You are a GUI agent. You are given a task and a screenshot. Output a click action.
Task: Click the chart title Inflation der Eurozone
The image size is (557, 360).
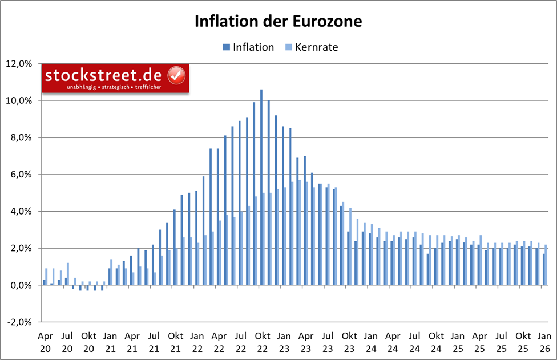click(x=278, y=22)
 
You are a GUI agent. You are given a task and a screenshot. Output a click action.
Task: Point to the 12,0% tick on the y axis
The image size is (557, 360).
click(x=21, y=64)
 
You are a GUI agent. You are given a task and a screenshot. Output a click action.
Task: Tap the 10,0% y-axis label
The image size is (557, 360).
click(x=21, y=101)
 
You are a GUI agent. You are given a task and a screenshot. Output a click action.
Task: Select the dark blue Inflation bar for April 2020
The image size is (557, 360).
click(x=45, y=282)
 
